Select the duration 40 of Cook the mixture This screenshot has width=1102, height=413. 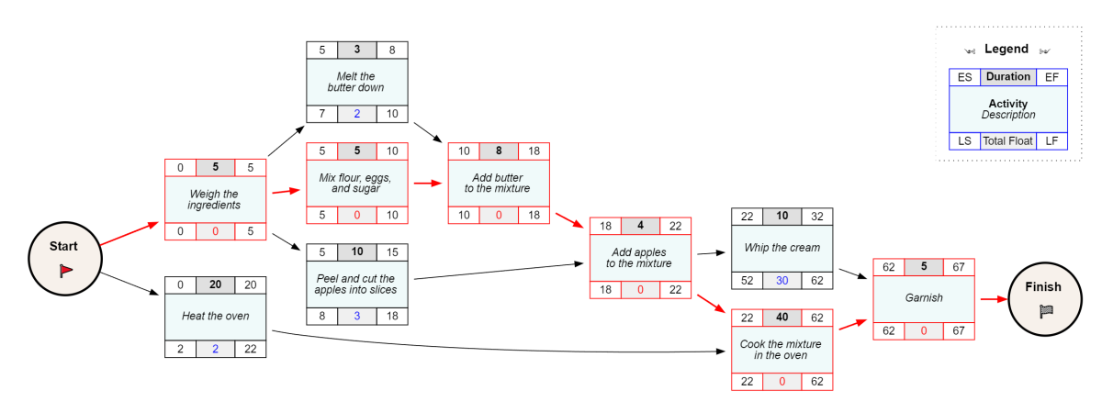point(782,318)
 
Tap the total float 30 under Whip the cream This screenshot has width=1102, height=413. point(782,281)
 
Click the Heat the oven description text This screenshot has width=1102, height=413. point(215,317)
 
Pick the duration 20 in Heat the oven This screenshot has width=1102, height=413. point(215,285)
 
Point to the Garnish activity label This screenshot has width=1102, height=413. point(923,298)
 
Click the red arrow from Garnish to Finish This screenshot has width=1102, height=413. point(992,298)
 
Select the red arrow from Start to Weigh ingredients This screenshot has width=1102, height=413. point(128,233)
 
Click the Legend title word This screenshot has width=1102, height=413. point(1006,49)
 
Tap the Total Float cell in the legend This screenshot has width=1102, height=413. point(1007,140)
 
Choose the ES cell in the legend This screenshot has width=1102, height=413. point(964,77)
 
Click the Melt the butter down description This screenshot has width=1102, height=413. point(357,82)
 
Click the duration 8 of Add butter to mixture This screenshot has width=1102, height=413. point(498,151)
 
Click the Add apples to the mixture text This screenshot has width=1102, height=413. point(639,258)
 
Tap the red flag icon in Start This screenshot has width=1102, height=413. point(65,270)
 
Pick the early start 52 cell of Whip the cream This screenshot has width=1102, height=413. point(747,281)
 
